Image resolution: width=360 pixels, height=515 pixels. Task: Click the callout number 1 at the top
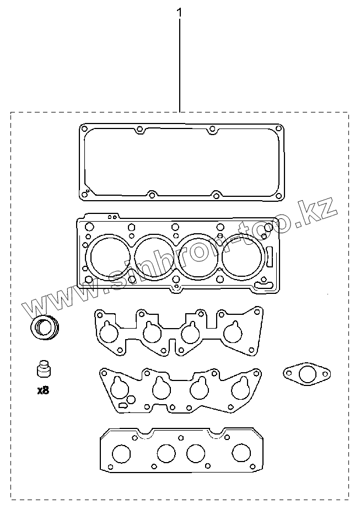(x=179, y=13)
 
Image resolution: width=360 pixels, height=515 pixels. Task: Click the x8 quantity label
(x=43, y=390)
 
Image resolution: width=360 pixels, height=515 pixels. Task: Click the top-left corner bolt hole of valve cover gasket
(x=84, y=128)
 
